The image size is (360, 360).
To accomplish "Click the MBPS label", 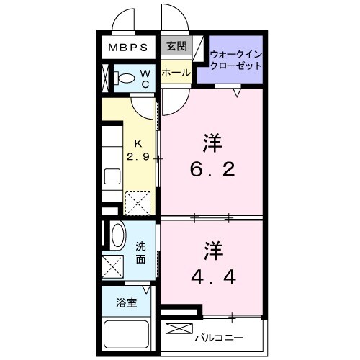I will pos(128,48).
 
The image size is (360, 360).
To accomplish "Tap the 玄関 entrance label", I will pos(176,48).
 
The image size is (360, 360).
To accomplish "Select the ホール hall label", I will pos(176,73).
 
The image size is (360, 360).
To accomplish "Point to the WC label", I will pos(145,78).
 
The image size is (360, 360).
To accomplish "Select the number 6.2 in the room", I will pos(211,171).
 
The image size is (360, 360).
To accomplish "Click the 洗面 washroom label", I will pos(142,252).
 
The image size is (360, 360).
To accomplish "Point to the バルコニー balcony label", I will pos(219,336).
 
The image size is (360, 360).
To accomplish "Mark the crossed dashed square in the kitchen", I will pos(138,202).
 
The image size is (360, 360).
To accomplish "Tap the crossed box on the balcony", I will pos(176,329).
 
